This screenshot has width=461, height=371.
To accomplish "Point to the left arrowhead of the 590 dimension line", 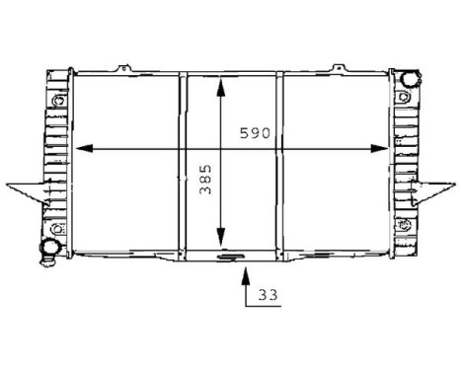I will [85, 149].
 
